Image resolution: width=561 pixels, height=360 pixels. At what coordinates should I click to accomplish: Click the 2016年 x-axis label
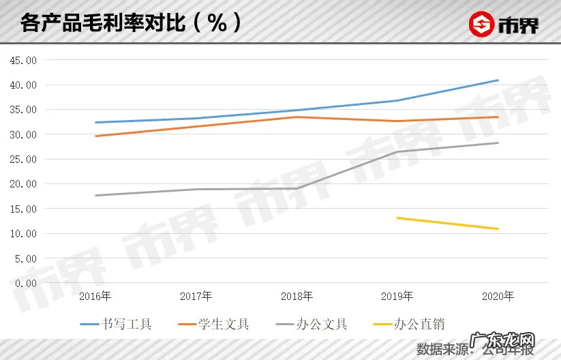pos(95,297)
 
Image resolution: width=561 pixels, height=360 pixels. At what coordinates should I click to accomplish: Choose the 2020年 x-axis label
pos(498,297)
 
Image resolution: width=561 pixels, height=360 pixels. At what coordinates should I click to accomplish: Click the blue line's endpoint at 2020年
pos(498,80)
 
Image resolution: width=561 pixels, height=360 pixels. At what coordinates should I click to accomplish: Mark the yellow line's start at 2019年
pos(397,218)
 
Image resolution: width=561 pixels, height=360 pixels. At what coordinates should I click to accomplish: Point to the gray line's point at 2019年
pos(397,152)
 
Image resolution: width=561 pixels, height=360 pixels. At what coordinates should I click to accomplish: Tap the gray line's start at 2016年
pos(95,196)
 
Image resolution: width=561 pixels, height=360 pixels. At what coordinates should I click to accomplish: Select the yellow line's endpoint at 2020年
pos(498,228)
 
